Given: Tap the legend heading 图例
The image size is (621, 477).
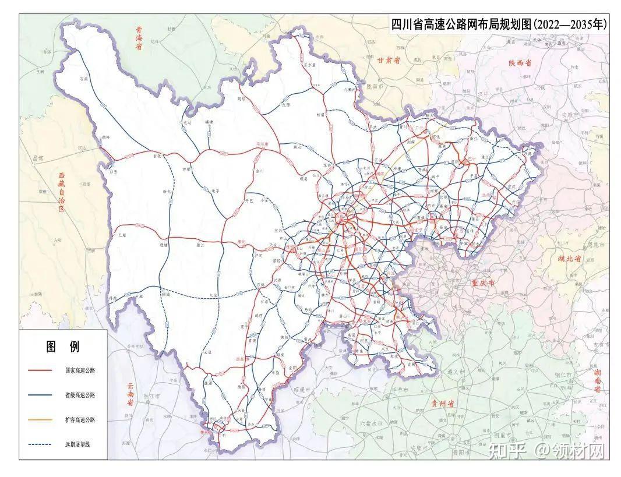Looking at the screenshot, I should click(x=63, y=347).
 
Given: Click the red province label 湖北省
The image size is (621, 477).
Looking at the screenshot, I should click(x=571, y=258).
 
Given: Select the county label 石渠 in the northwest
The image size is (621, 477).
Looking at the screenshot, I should click(x=83, y=79).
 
